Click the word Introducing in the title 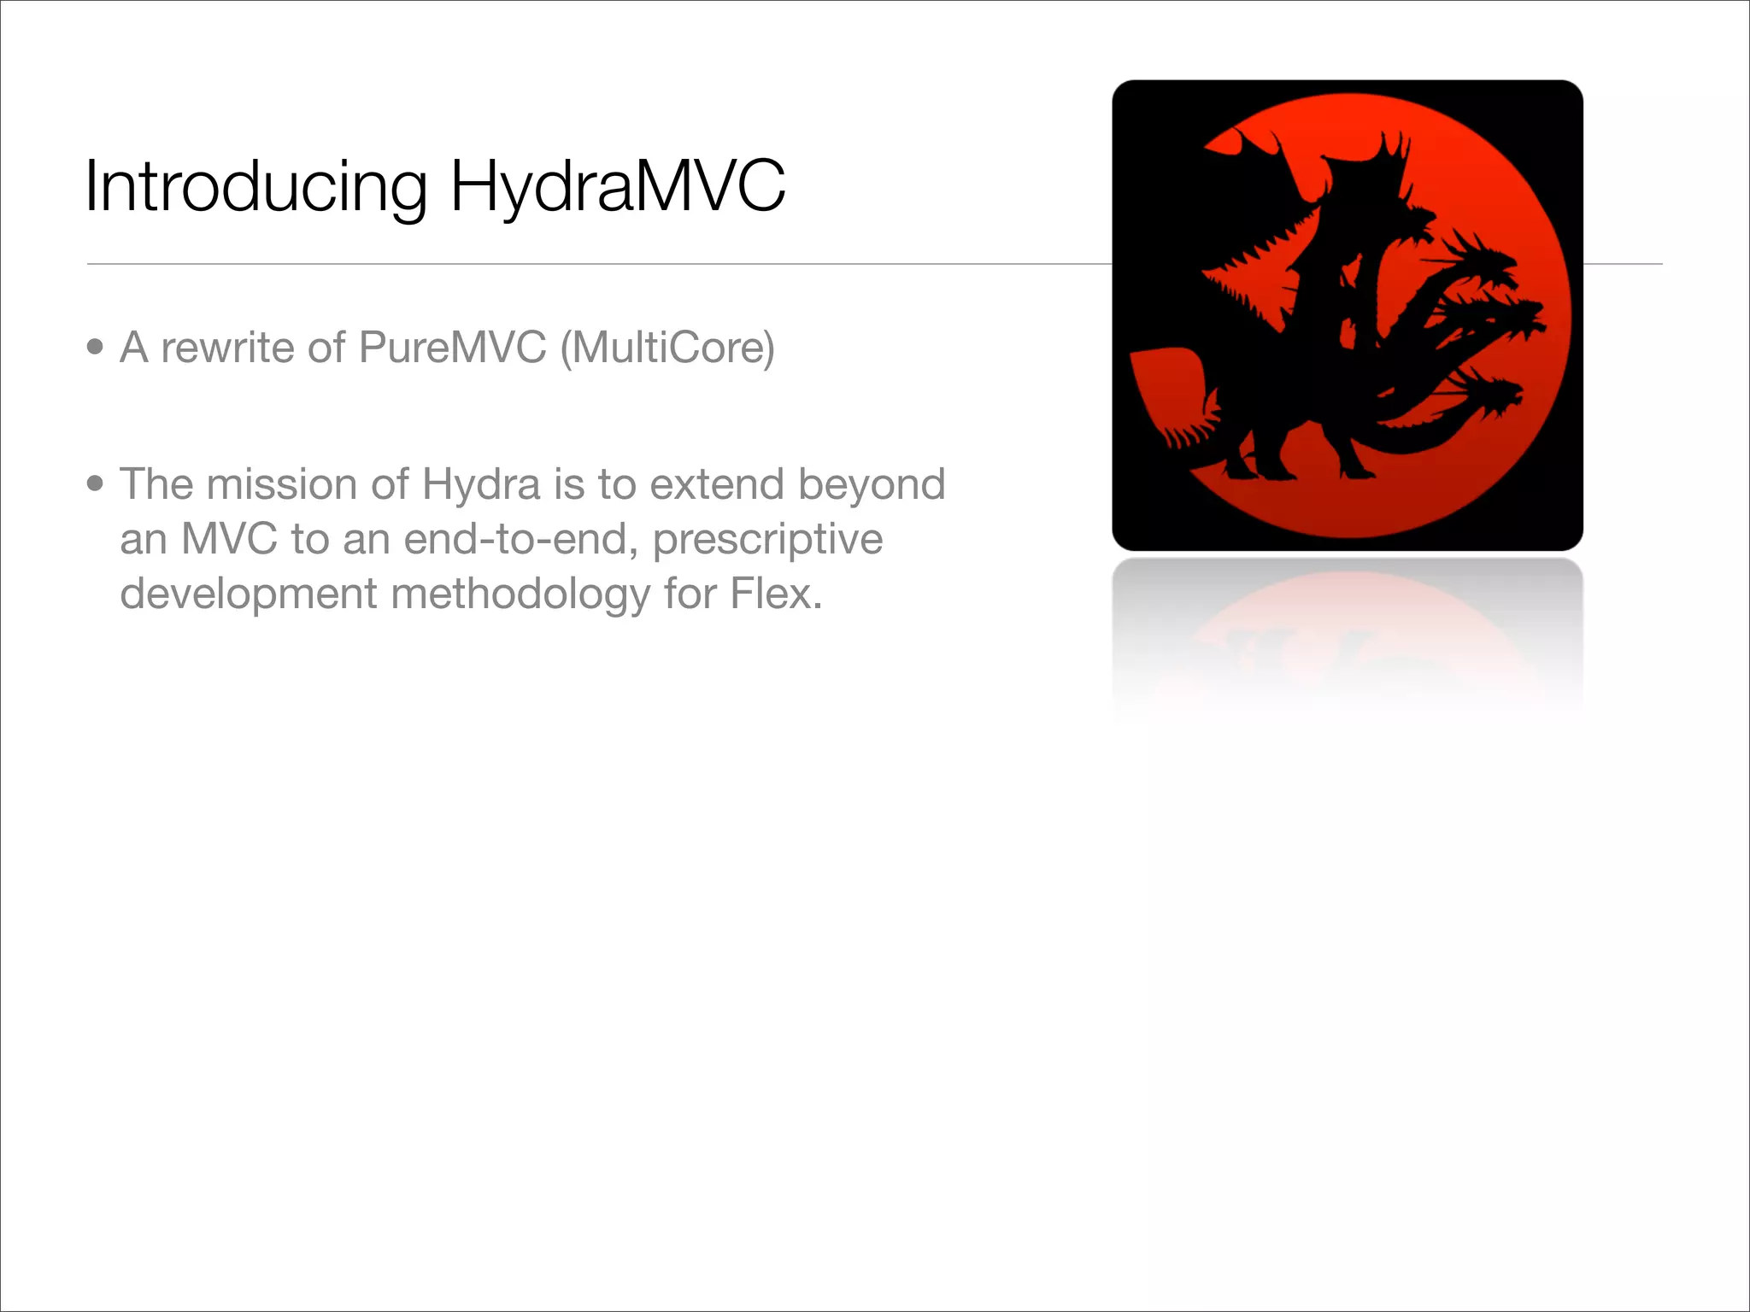point(256,186)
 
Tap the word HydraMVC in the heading point(617,186)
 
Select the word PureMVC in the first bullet point(452,348)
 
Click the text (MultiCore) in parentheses point(667,348)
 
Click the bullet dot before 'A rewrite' point(95,347)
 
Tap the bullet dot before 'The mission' point(95,483)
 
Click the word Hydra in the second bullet point(481,484)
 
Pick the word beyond point(872,484)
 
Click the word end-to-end point(520,539)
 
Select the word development point(248,594)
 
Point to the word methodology point(520,594)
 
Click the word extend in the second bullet point(716,484)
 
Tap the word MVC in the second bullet point(229,539)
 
